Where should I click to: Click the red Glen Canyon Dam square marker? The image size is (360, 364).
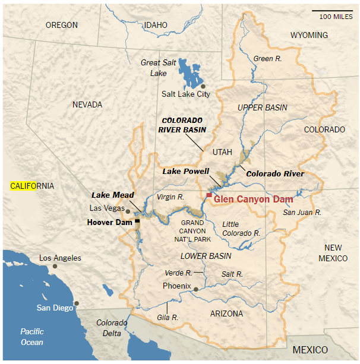tap(209, 195)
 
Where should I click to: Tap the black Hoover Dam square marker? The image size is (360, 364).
tap(137, 221)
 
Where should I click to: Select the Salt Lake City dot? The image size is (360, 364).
tap(203, 86)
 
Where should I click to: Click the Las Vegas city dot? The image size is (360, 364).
tap(128, 210)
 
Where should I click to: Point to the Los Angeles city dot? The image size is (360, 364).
tap(55, 266)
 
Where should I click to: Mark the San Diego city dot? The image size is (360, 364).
tap(76, 303)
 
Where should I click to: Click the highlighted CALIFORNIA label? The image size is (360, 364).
tap(32, 186)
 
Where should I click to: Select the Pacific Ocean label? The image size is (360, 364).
tap(32, 337)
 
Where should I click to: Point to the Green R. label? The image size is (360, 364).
tap(267, 59)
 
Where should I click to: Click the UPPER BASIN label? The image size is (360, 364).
tap(262, 107)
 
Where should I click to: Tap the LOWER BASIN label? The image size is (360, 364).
tap(206, 256)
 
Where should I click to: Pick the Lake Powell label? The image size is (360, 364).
tap(186, 171)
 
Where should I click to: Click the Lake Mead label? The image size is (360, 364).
tap(112, 195)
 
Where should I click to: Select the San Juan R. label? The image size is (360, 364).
tap(302, 212)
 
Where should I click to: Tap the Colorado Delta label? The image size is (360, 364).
tap(112, 328)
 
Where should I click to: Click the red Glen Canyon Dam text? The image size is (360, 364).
tap(253, 200)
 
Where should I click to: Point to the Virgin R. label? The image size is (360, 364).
tap(170, 197)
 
